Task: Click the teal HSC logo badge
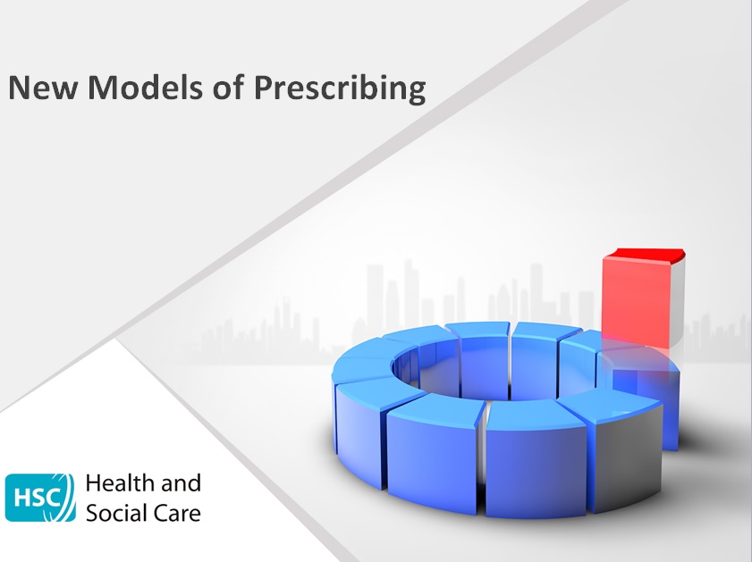[x=40, y=497]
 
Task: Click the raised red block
[x=636, y=299]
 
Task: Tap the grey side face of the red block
[x=679, y=304]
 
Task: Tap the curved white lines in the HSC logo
[x=68, y=497]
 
